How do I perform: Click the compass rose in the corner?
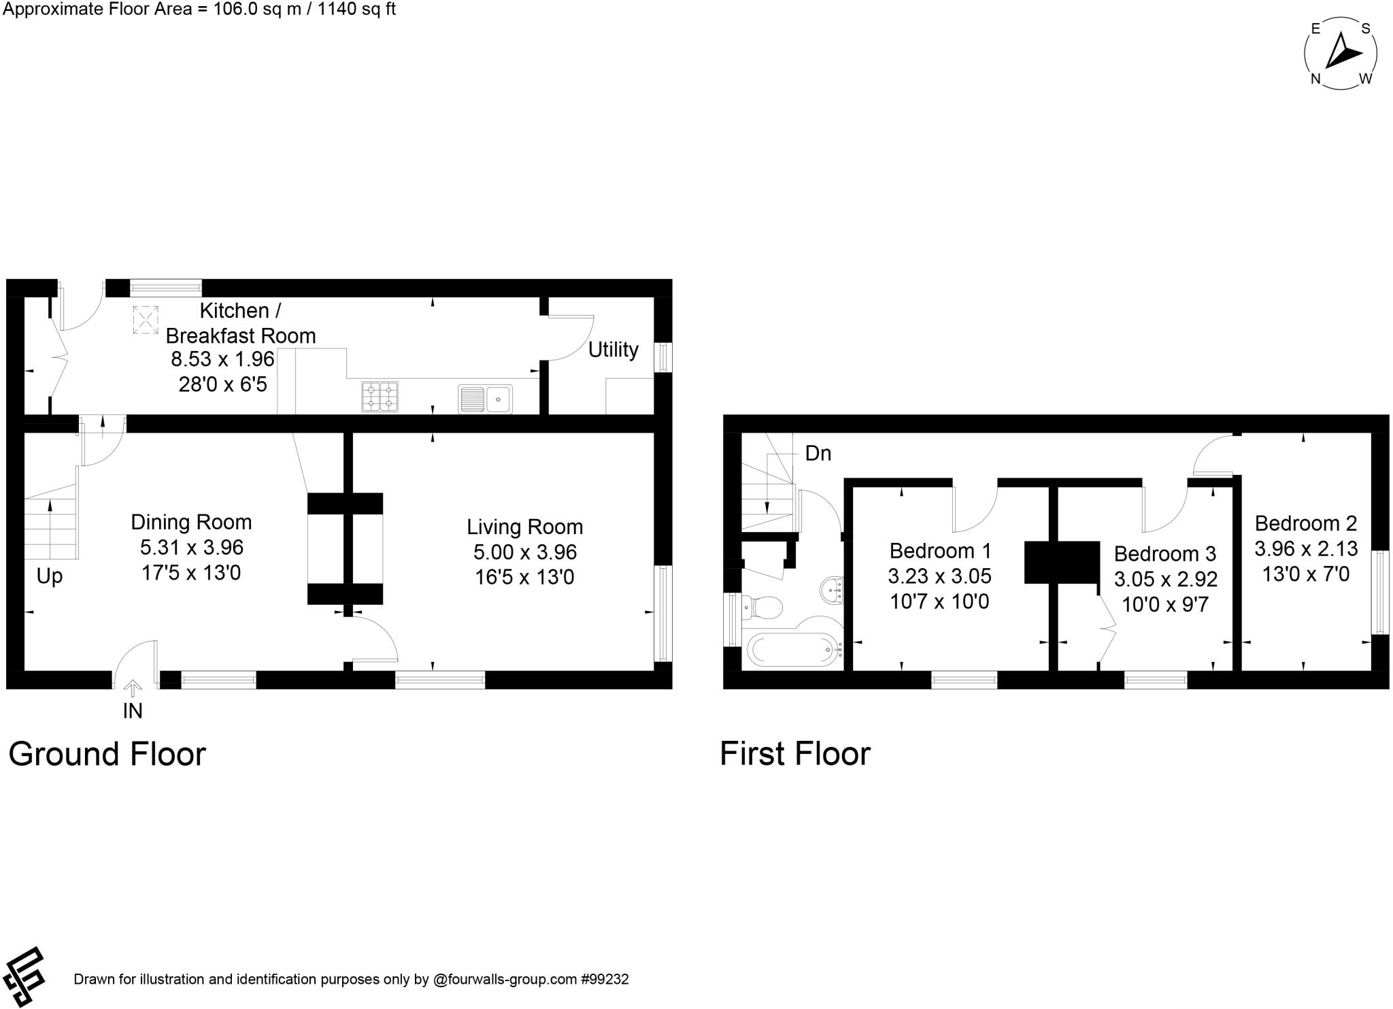tap(1340, 54)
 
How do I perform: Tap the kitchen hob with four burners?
tap(380, 397)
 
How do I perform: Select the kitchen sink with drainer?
tap(485, 399)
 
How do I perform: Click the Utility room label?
tap(613, 350)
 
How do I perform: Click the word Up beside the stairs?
tap(49, 576)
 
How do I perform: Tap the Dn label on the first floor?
tap(818, 454)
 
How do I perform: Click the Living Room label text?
tap(524, 527)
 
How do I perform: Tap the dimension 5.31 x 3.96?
tap(192, 547)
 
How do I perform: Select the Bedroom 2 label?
tap(1305, 523)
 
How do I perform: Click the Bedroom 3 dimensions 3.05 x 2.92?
tap(1165, 579)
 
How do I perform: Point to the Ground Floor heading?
tap(107, 754)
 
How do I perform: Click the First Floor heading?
tap(794, 754)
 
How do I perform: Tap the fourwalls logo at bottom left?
tap(24, 976)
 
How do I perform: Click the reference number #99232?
tap(604, 980)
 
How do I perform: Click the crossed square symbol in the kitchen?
tap(146, 319)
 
